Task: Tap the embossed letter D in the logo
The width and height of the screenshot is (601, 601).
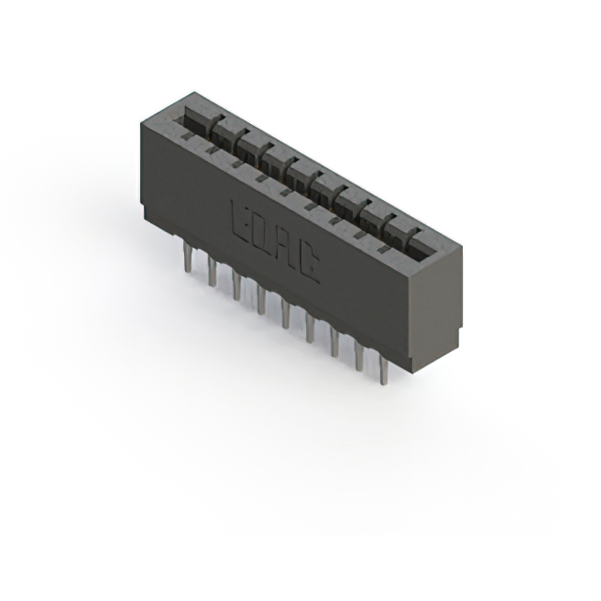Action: (262, 234)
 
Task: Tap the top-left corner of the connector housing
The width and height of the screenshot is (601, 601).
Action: (141, 120)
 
